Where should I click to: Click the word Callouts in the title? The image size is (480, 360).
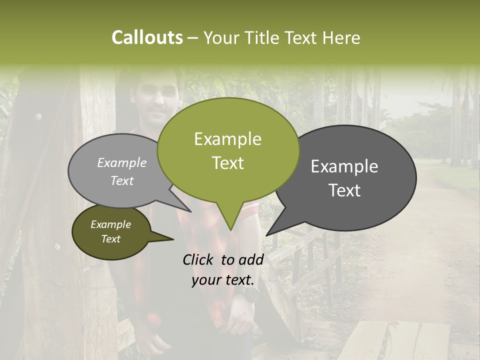click(x=147, y=38)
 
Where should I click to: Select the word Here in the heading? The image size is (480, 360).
click(x=341, y=38)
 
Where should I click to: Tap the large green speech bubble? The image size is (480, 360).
click(x=228, y=150)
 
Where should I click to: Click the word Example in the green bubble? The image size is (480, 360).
click(x=227, y=139)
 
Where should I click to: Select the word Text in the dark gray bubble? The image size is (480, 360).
click(x=345, y=190)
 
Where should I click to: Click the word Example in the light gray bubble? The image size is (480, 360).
click(x=122, y=163)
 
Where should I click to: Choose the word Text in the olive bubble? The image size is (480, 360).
click(x=111, y=239)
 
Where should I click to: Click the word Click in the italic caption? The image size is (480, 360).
click(x=198, y=259)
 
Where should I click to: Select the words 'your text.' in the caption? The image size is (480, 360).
click(x=223, y=280)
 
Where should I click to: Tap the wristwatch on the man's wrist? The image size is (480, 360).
click(x=248, y=294)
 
